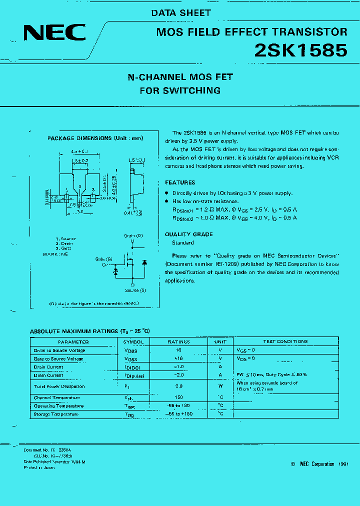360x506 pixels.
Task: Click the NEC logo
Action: coord(54,33)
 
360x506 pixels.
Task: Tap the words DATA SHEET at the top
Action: coord(181,13)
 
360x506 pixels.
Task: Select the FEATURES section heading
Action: coord(180,182)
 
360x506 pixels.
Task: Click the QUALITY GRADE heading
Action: coord(189,234)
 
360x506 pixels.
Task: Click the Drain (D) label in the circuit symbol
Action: coord(133,235)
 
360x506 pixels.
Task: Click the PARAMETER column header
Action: coord(73,342)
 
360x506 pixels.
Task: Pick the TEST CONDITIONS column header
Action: coord(285,342)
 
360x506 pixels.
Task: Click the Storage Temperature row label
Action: coord(56,414)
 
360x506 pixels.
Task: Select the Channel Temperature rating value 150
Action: coord(178,397)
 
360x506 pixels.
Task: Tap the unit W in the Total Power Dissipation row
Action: coord(220,386)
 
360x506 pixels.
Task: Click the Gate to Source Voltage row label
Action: coord(58,359)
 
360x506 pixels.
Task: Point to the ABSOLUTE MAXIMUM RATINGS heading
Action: coord(90,331)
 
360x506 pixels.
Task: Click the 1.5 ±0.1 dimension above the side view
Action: coord(136,160)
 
